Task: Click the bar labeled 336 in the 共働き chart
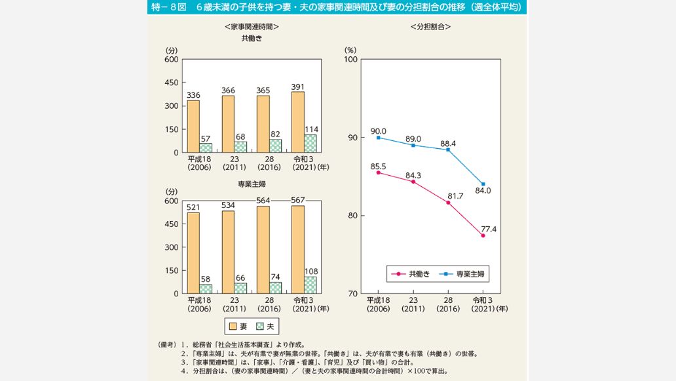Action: (x=193, y=127)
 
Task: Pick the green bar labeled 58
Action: (x=206, y=289)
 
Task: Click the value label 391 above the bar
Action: (x=298, y=86)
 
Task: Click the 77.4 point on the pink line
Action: (x=483, y=235)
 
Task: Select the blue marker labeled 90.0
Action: (x=379, y=138)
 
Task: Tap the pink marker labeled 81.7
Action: (x=448, y=202)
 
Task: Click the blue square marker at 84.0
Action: (x=483, y=184)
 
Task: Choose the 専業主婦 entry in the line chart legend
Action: (x=468, y=274)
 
